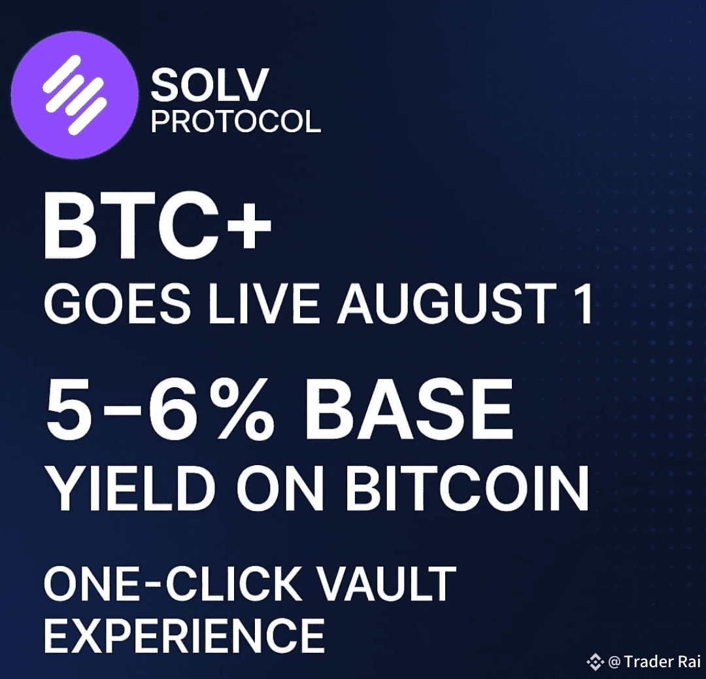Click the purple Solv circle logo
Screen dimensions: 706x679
(75, 95)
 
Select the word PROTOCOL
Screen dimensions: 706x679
(235, 121)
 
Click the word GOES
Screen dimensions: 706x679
(117, 304)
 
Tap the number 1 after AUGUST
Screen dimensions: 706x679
(584, 304)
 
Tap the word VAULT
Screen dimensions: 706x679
(387, 584)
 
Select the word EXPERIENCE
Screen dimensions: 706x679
(184, 635)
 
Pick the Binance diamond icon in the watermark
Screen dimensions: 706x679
(596, 662)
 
